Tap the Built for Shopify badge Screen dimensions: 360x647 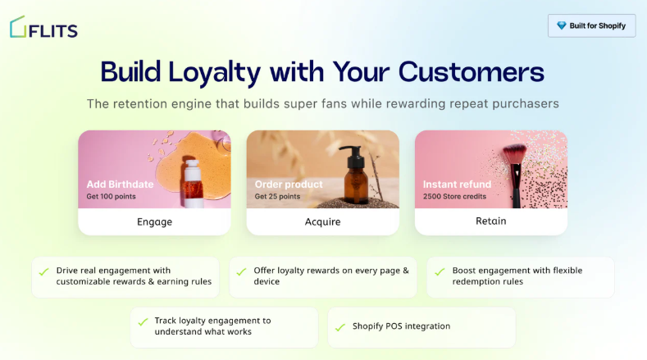591,25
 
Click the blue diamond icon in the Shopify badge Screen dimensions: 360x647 561,25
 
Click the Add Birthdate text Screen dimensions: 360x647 120,184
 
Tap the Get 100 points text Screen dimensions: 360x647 112,197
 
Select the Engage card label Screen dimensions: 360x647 154,221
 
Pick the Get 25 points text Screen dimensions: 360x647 277,197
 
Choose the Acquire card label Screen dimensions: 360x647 322,221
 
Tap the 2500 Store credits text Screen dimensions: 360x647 454,197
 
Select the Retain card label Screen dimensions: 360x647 490,221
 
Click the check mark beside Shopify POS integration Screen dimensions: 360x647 339,327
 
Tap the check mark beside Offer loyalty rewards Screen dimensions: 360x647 241,270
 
